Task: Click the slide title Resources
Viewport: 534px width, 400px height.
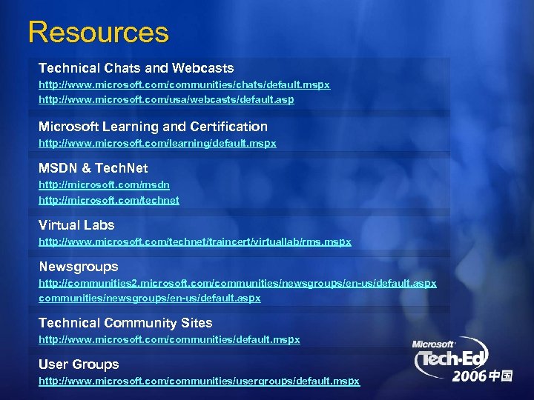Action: [x=99, y=33]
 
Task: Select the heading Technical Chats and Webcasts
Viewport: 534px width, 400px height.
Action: [x=136, y=68]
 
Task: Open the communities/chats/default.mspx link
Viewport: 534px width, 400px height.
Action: [x=184, y=85]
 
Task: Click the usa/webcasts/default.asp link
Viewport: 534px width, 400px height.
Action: [x=166, y=99]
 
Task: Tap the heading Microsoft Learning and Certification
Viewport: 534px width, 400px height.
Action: [x=153, y=127]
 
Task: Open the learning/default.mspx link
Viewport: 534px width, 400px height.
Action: [x=157, y=144]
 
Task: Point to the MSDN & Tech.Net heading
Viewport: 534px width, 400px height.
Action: [x=93, y=168]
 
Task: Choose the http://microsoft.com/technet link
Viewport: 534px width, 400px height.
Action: [x=109, y=200]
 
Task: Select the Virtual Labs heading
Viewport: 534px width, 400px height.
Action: [x=76, y=224]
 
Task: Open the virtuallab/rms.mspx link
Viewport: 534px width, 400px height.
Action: [x=194, y=241]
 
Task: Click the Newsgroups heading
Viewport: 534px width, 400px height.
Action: [x=78, y=266]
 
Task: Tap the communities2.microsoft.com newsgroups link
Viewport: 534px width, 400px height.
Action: [x=237, y=283]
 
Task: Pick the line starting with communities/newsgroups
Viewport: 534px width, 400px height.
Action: [x=149, y=298]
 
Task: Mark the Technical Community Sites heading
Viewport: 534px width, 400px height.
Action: [x=125, y=323]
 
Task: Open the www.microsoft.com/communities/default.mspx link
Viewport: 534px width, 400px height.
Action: [x=169, y=339]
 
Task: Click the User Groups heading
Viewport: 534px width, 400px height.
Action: [x=79, y=364]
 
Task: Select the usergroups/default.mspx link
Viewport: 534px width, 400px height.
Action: [x=199, y=381]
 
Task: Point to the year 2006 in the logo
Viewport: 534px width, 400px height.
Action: [x=472, y=376]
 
